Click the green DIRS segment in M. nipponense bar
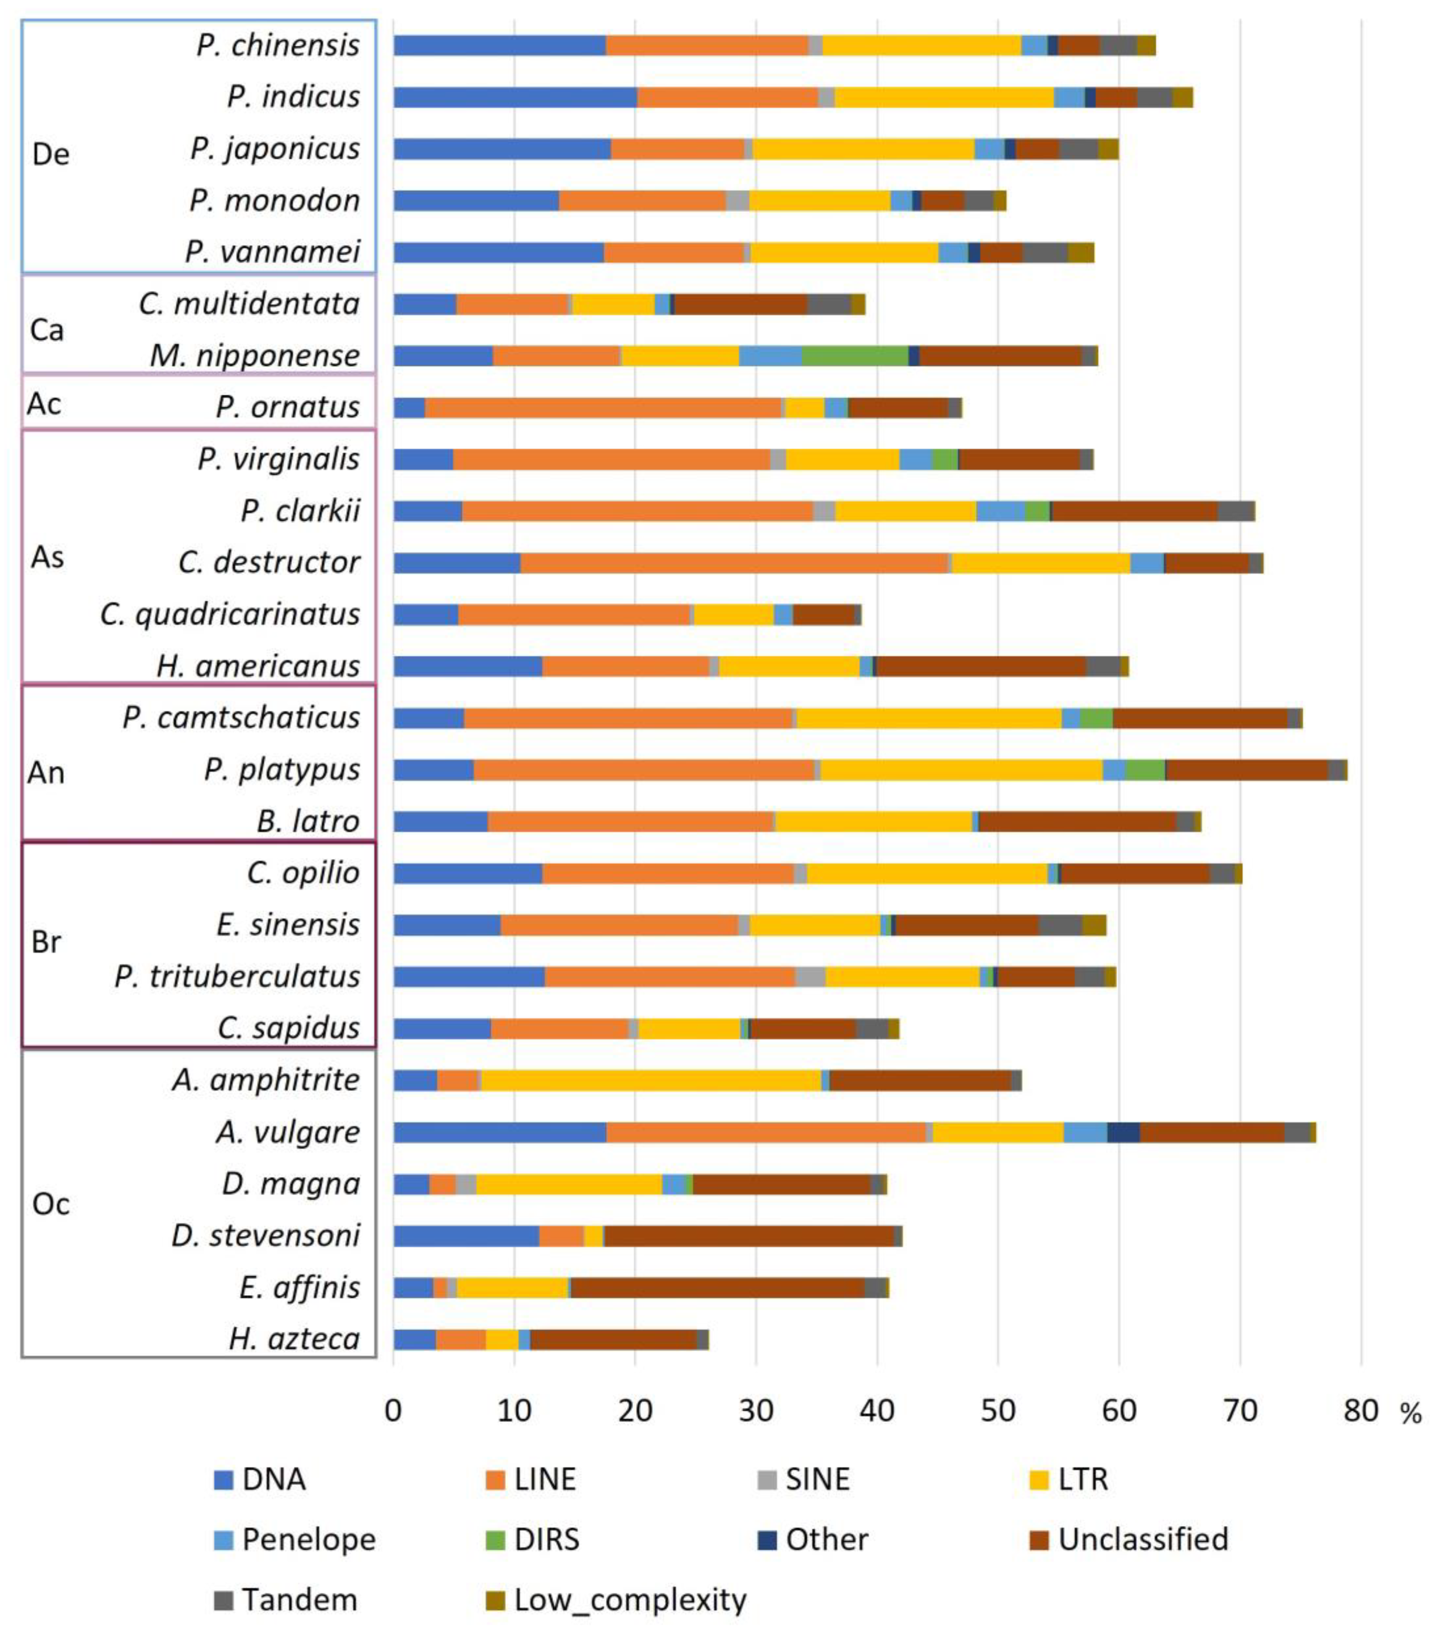855,355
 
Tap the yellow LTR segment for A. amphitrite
651,1080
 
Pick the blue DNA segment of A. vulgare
499,1132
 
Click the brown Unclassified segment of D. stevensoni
748,1236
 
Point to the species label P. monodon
274,200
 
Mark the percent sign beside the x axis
1410,1414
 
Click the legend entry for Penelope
308,1539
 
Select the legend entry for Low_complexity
630,1599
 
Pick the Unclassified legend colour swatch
1039,1539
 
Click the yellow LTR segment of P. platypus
962,769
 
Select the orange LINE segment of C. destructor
734,563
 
